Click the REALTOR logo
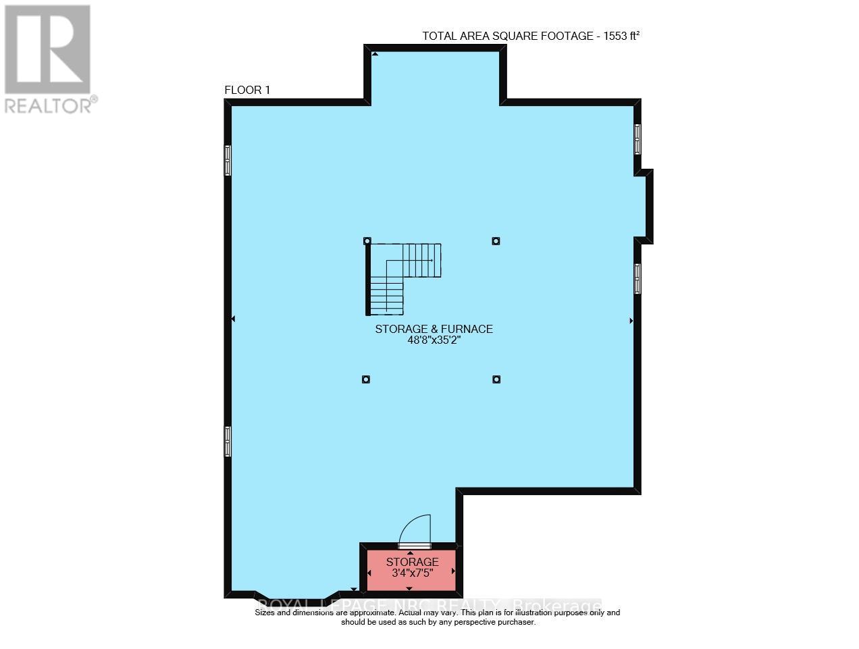(48, 58)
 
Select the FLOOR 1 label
(247, 90)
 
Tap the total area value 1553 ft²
(617, 36)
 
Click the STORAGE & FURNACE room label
(434, 329)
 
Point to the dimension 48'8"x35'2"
(434, 341)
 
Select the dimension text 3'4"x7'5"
(412, 574)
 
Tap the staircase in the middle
(403, 277)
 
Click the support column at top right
(496, 240)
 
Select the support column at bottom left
(365, 379)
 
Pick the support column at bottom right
(496, 379)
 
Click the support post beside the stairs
(367, 240)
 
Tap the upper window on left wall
(228, 161)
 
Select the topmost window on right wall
(637, 139)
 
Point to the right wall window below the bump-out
(637, 278)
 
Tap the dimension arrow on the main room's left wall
(234, 319)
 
